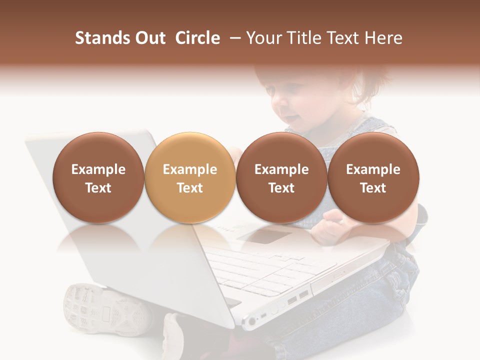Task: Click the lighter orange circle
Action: pyautogui.click(x=190, y=178)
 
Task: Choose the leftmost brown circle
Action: pyautogui.click(x=98, y=178)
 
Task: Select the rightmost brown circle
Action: pyautogui.click(x=373, y=178)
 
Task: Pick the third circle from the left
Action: pyautogui.click(x=281, y=178)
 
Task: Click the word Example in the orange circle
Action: pyautogui.click(x=190, y=169)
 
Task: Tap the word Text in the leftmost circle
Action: pyautogui.click(x=98, y=188)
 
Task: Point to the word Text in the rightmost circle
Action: pyautogui.click(x=373, y=188)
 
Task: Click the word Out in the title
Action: pyautogui.click(x=149, y=38)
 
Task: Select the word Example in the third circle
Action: pyautogui.click(x=281, y=169)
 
